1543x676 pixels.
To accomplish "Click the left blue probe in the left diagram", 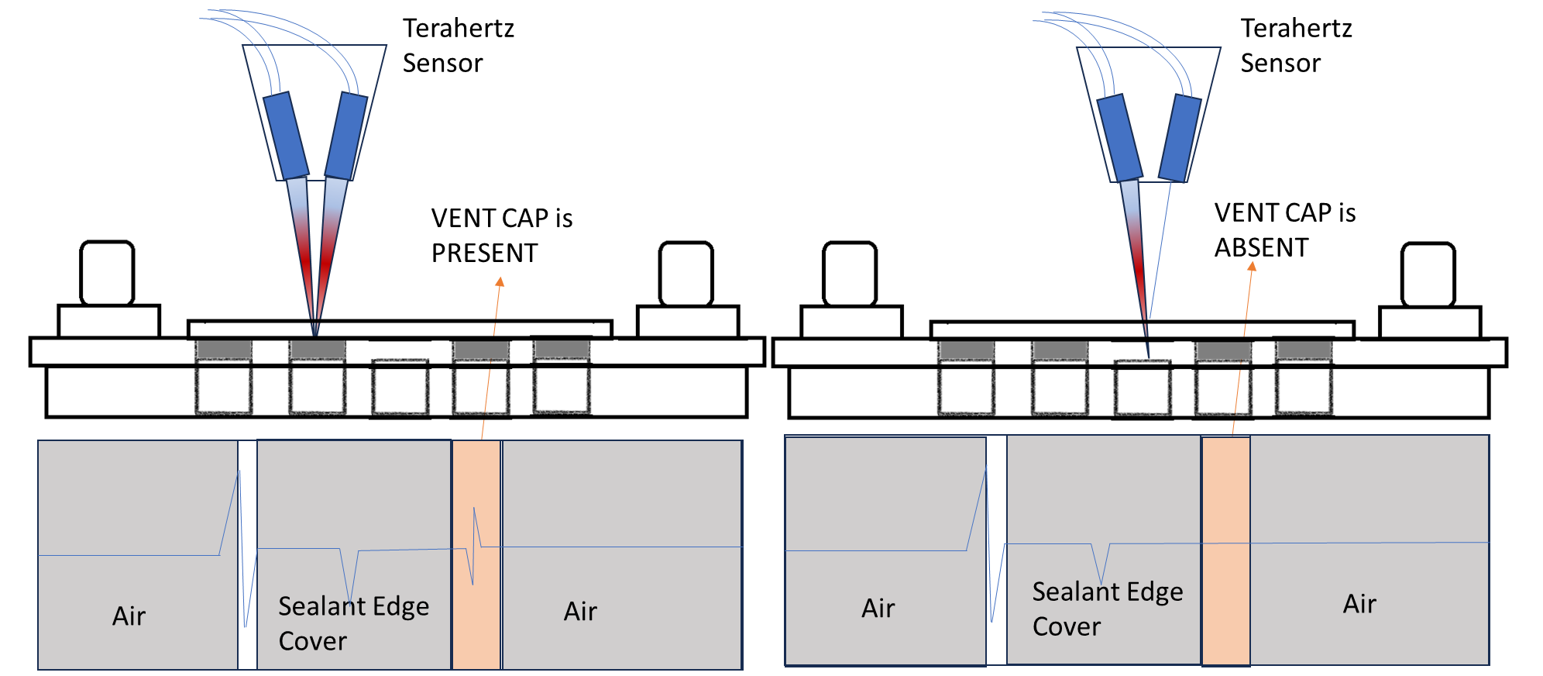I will click(286, 136).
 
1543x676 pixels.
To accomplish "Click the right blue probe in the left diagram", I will click(346, 136).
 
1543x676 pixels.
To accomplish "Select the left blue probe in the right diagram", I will click(1120, 138).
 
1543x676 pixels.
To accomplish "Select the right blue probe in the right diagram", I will click(1180, 139).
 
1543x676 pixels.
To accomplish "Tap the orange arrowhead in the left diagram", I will click(500, 281).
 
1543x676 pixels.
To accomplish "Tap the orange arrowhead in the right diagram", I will click(1252, 267).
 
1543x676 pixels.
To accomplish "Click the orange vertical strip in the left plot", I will click(476, 620).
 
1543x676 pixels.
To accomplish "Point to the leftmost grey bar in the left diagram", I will click(224, 349).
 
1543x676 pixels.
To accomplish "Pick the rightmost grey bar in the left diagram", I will click(562, 349).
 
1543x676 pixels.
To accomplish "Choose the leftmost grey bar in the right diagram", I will click(966, 350).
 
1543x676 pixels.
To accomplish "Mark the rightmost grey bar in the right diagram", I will click(1304, 350).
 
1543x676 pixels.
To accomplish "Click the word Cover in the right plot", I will click(1066, 626).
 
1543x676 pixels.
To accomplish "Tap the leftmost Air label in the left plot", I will click(129, 616).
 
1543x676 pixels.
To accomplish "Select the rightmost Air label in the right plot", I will click(1359, 604).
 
